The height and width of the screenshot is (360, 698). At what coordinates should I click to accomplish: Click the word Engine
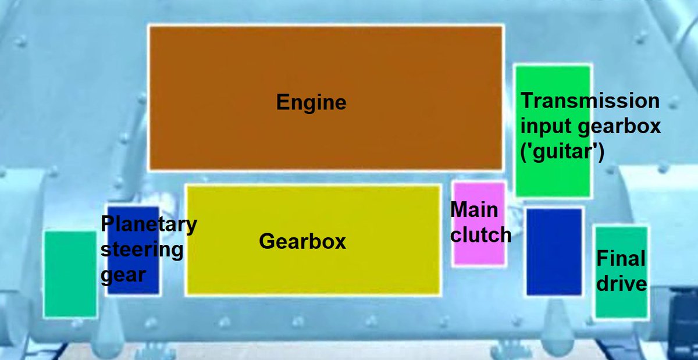311,103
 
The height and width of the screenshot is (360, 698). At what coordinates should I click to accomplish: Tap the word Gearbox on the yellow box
302,241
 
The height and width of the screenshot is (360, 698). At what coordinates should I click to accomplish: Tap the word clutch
480,236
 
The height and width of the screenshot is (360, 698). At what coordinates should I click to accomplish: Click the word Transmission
590,101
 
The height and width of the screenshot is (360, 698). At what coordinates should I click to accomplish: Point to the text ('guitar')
563,152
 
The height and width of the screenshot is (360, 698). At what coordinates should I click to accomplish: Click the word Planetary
149,224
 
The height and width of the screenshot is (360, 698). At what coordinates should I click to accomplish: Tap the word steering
142,249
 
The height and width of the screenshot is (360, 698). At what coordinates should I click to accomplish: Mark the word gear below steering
123,275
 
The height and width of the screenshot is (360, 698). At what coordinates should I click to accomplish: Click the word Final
620,258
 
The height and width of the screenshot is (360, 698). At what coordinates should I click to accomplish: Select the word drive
621,284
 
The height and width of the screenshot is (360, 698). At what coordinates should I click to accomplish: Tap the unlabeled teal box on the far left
70,274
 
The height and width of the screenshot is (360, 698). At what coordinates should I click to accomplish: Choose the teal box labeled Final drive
621,305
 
